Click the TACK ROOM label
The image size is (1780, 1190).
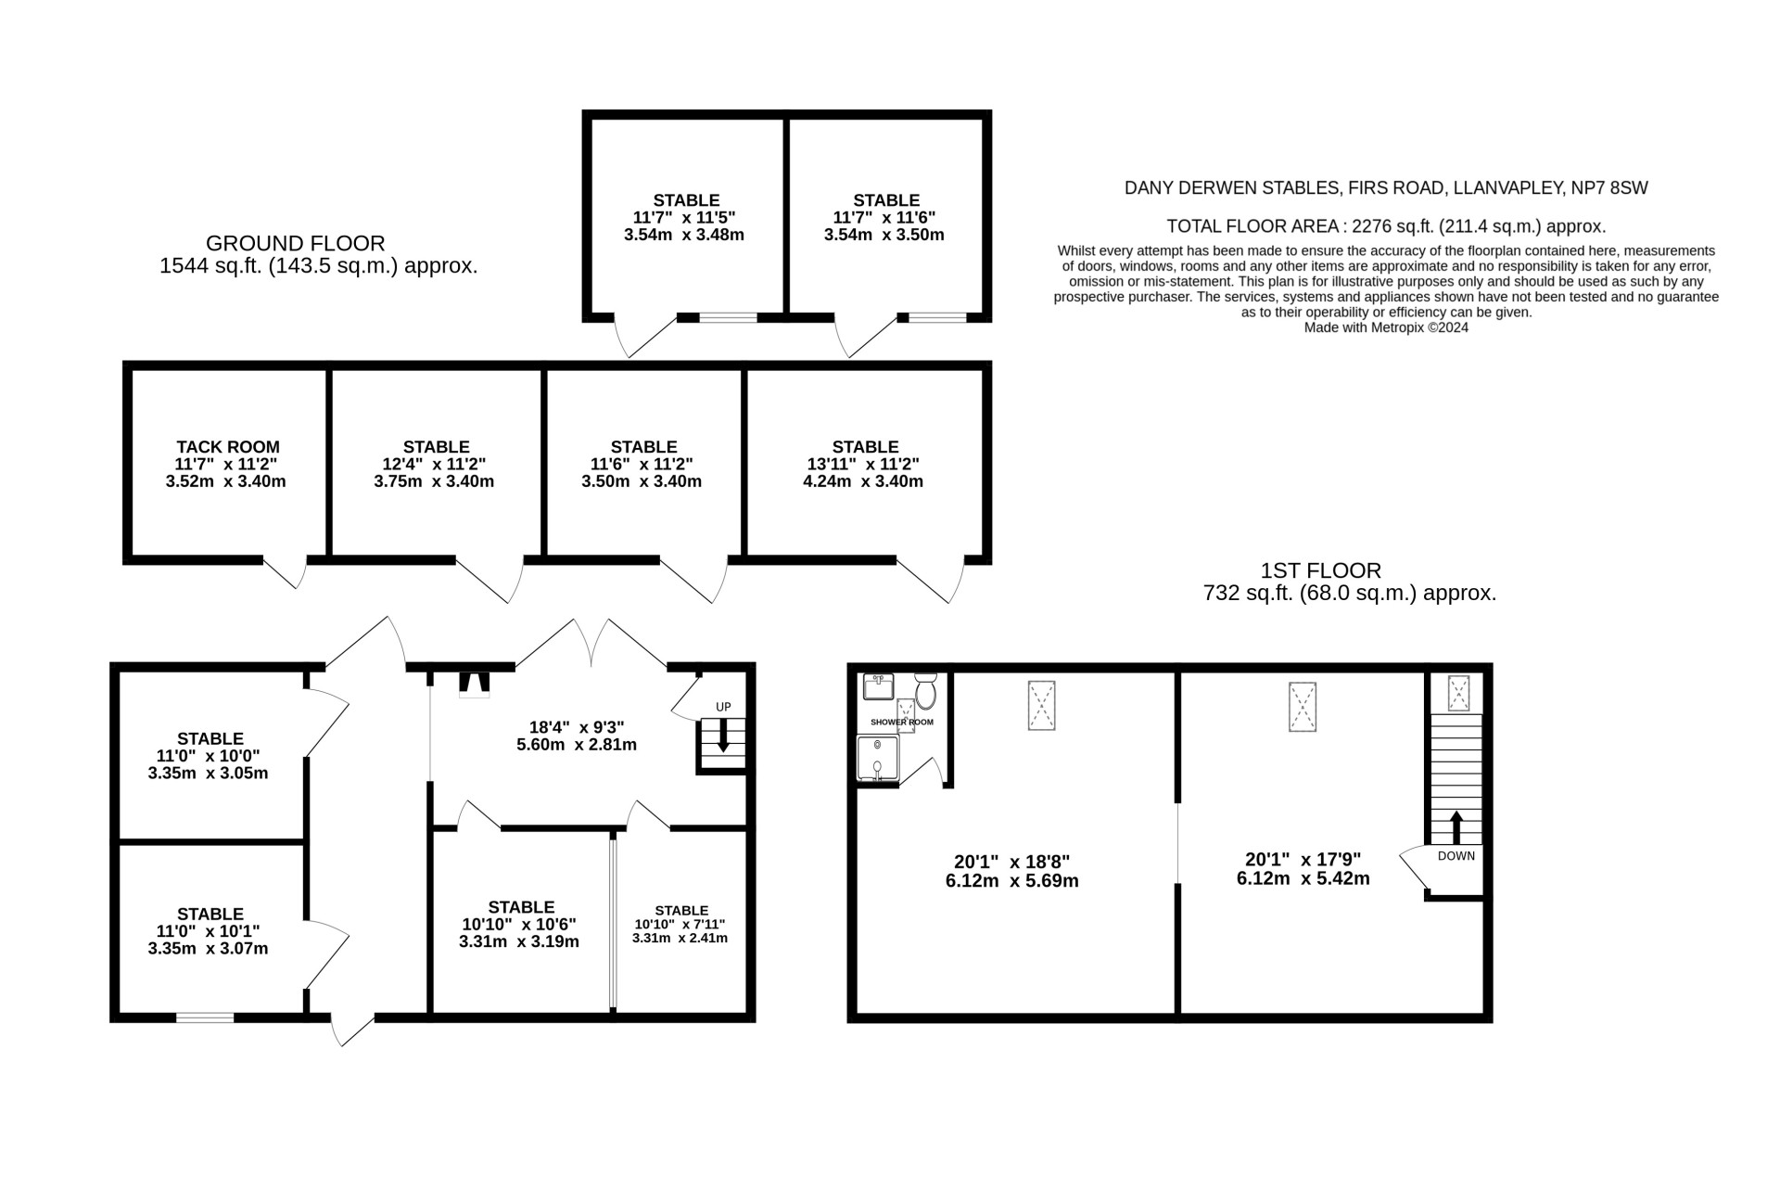click(228, 447)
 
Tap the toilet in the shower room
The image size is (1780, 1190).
click(925, 690)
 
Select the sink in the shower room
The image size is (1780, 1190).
click(878, 686)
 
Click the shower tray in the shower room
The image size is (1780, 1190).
click(877, 758)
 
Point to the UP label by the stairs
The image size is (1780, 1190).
click(723, 708)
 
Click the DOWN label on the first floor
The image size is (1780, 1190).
click(1456, 856)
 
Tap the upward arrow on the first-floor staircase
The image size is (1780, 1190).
click(1456, 826)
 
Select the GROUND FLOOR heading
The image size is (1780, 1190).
click(295, 243)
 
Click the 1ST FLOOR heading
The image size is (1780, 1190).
click(1321, 570)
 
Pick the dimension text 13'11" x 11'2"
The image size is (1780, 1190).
click(865, 464)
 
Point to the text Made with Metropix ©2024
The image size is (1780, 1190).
click(1386, 327)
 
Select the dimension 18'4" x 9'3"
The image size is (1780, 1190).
click(577, 727)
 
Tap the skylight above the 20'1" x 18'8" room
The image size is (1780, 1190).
click(1042, 706)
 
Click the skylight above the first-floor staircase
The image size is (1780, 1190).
click(1458, 693)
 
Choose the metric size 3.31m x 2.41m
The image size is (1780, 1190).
click(680, 938)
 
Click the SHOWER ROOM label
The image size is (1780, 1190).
click(902, 722)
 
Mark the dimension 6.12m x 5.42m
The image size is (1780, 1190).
click(1303, 878)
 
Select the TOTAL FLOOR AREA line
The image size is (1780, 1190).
click(1386, 226)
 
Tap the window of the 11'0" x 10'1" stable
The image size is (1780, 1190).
click(205, 1017)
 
